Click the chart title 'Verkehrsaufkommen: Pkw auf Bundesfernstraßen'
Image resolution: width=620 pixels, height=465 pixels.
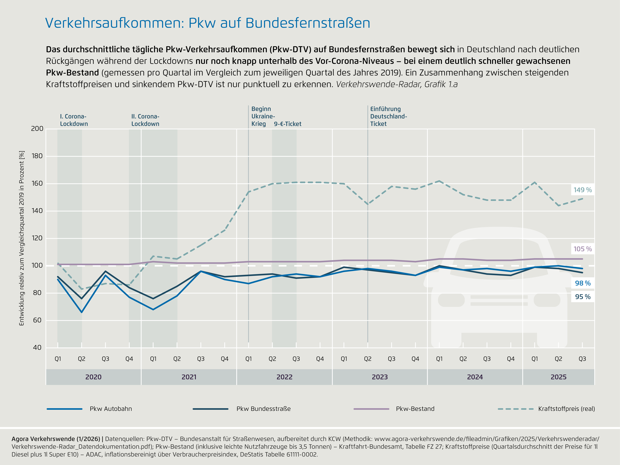[x=207, y=23]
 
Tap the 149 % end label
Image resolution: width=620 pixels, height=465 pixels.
[x=582, y=190]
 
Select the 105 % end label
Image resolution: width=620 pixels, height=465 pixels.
[x=582, y=249]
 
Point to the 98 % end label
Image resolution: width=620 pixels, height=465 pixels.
[x=582, y=283]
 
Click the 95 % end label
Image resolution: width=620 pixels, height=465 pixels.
[x=582, y=297]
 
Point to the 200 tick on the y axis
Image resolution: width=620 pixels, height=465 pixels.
[x=37, y=129]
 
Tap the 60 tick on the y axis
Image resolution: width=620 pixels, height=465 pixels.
[x=37, y=320]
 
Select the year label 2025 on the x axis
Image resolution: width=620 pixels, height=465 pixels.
[x=558, y=377]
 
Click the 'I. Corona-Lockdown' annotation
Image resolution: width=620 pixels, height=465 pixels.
[x=74, y=120]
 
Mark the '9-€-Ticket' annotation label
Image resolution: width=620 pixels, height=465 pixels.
[x=288, y=124]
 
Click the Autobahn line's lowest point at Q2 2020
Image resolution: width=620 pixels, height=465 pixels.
[x=82, y=312]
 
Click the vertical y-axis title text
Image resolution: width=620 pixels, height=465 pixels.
[x=22, y=238]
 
